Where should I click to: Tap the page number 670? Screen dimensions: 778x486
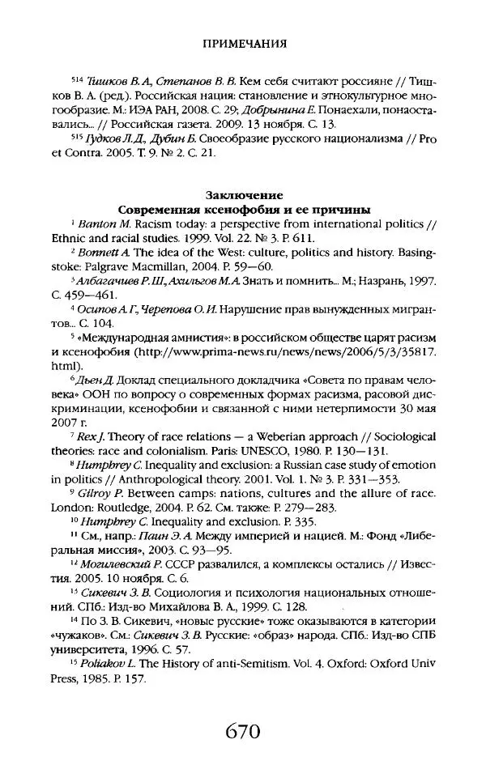[x=243, y=733]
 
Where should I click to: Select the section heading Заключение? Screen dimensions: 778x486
[x=243, y=195]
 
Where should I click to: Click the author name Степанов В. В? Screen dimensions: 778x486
[x=181, y=84]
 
